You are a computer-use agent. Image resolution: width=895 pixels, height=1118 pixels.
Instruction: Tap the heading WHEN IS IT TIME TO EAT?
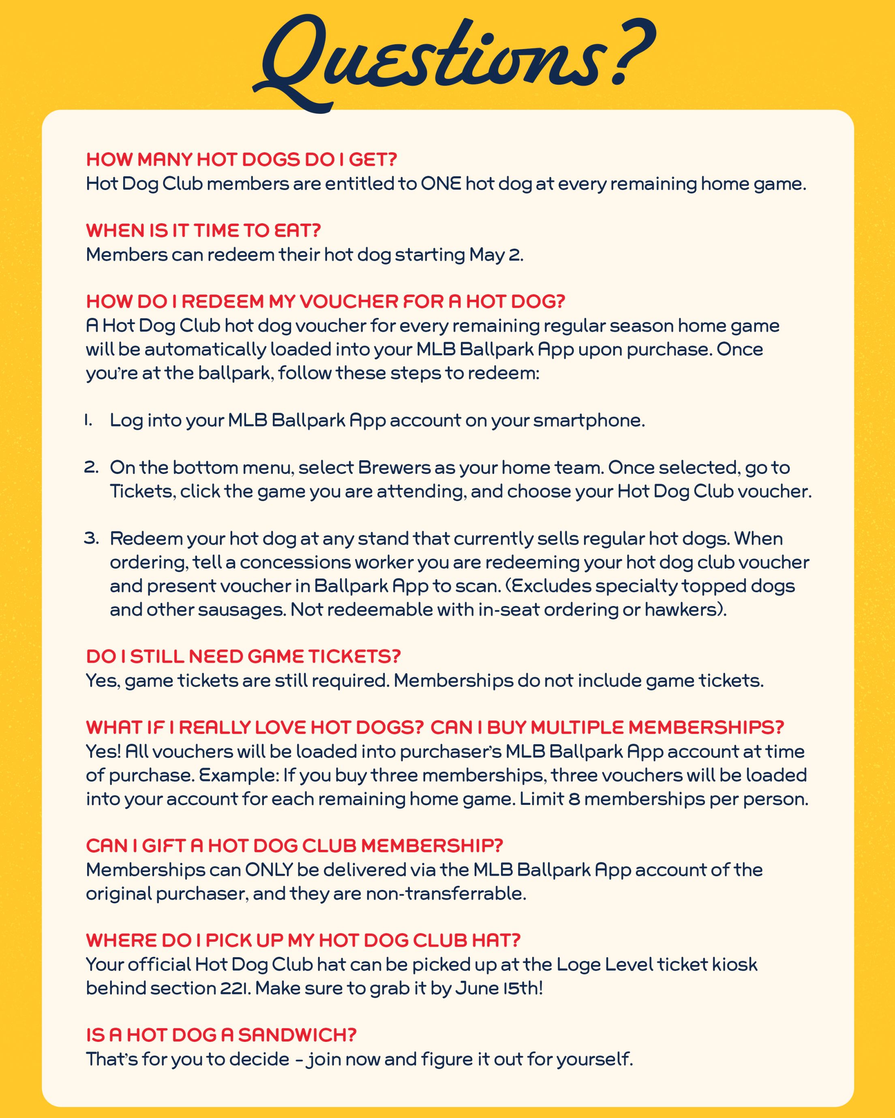coord(203,230)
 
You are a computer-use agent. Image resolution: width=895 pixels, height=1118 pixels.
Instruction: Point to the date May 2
coord(495,255)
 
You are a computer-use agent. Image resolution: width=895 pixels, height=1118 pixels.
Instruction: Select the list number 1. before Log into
coord(89,420)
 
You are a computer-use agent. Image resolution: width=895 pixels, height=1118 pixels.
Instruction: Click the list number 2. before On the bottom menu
coord(91,467)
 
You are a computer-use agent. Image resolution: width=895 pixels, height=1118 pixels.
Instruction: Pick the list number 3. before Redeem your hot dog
coord(91,538)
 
